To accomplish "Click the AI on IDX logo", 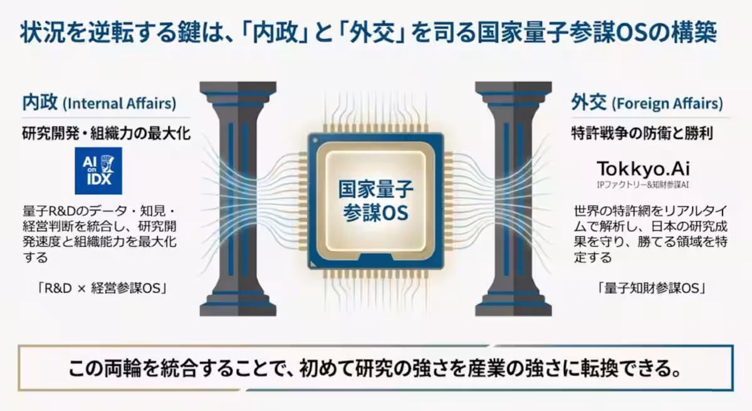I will coord(98,171).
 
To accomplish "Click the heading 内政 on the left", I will coord(39,103).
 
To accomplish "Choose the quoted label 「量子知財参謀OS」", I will coord(652,288).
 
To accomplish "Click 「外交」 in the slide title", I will coord(384,33).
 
